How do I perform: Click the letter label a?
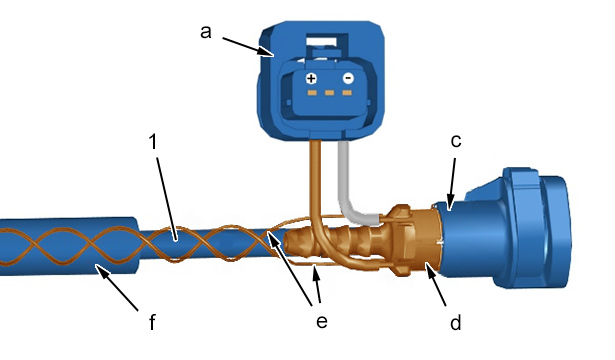coord(206,32)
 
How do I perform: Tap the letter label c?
coord(456,140)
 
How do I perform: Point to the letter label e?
coord(322,321)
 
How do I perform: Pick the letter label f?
coord(152,322)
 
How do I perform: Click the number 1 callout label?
coord(153,142)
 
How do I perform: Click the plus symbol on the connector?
coord(311,79)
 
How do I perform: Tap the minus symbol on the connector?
coord(348,78)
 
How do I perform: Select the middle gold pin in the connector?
coord(329,93)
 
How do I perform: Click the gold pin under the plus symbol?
coord(312,93)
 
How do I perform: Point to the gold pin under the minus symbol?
coord(347,93)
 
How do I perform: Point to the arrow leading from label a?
coord(247,47)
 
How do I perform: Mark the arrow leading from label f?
coord(117,288)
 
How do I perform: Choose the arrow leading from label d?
coord(436,284)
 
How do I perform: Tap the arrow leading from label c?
coord(452,184)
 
